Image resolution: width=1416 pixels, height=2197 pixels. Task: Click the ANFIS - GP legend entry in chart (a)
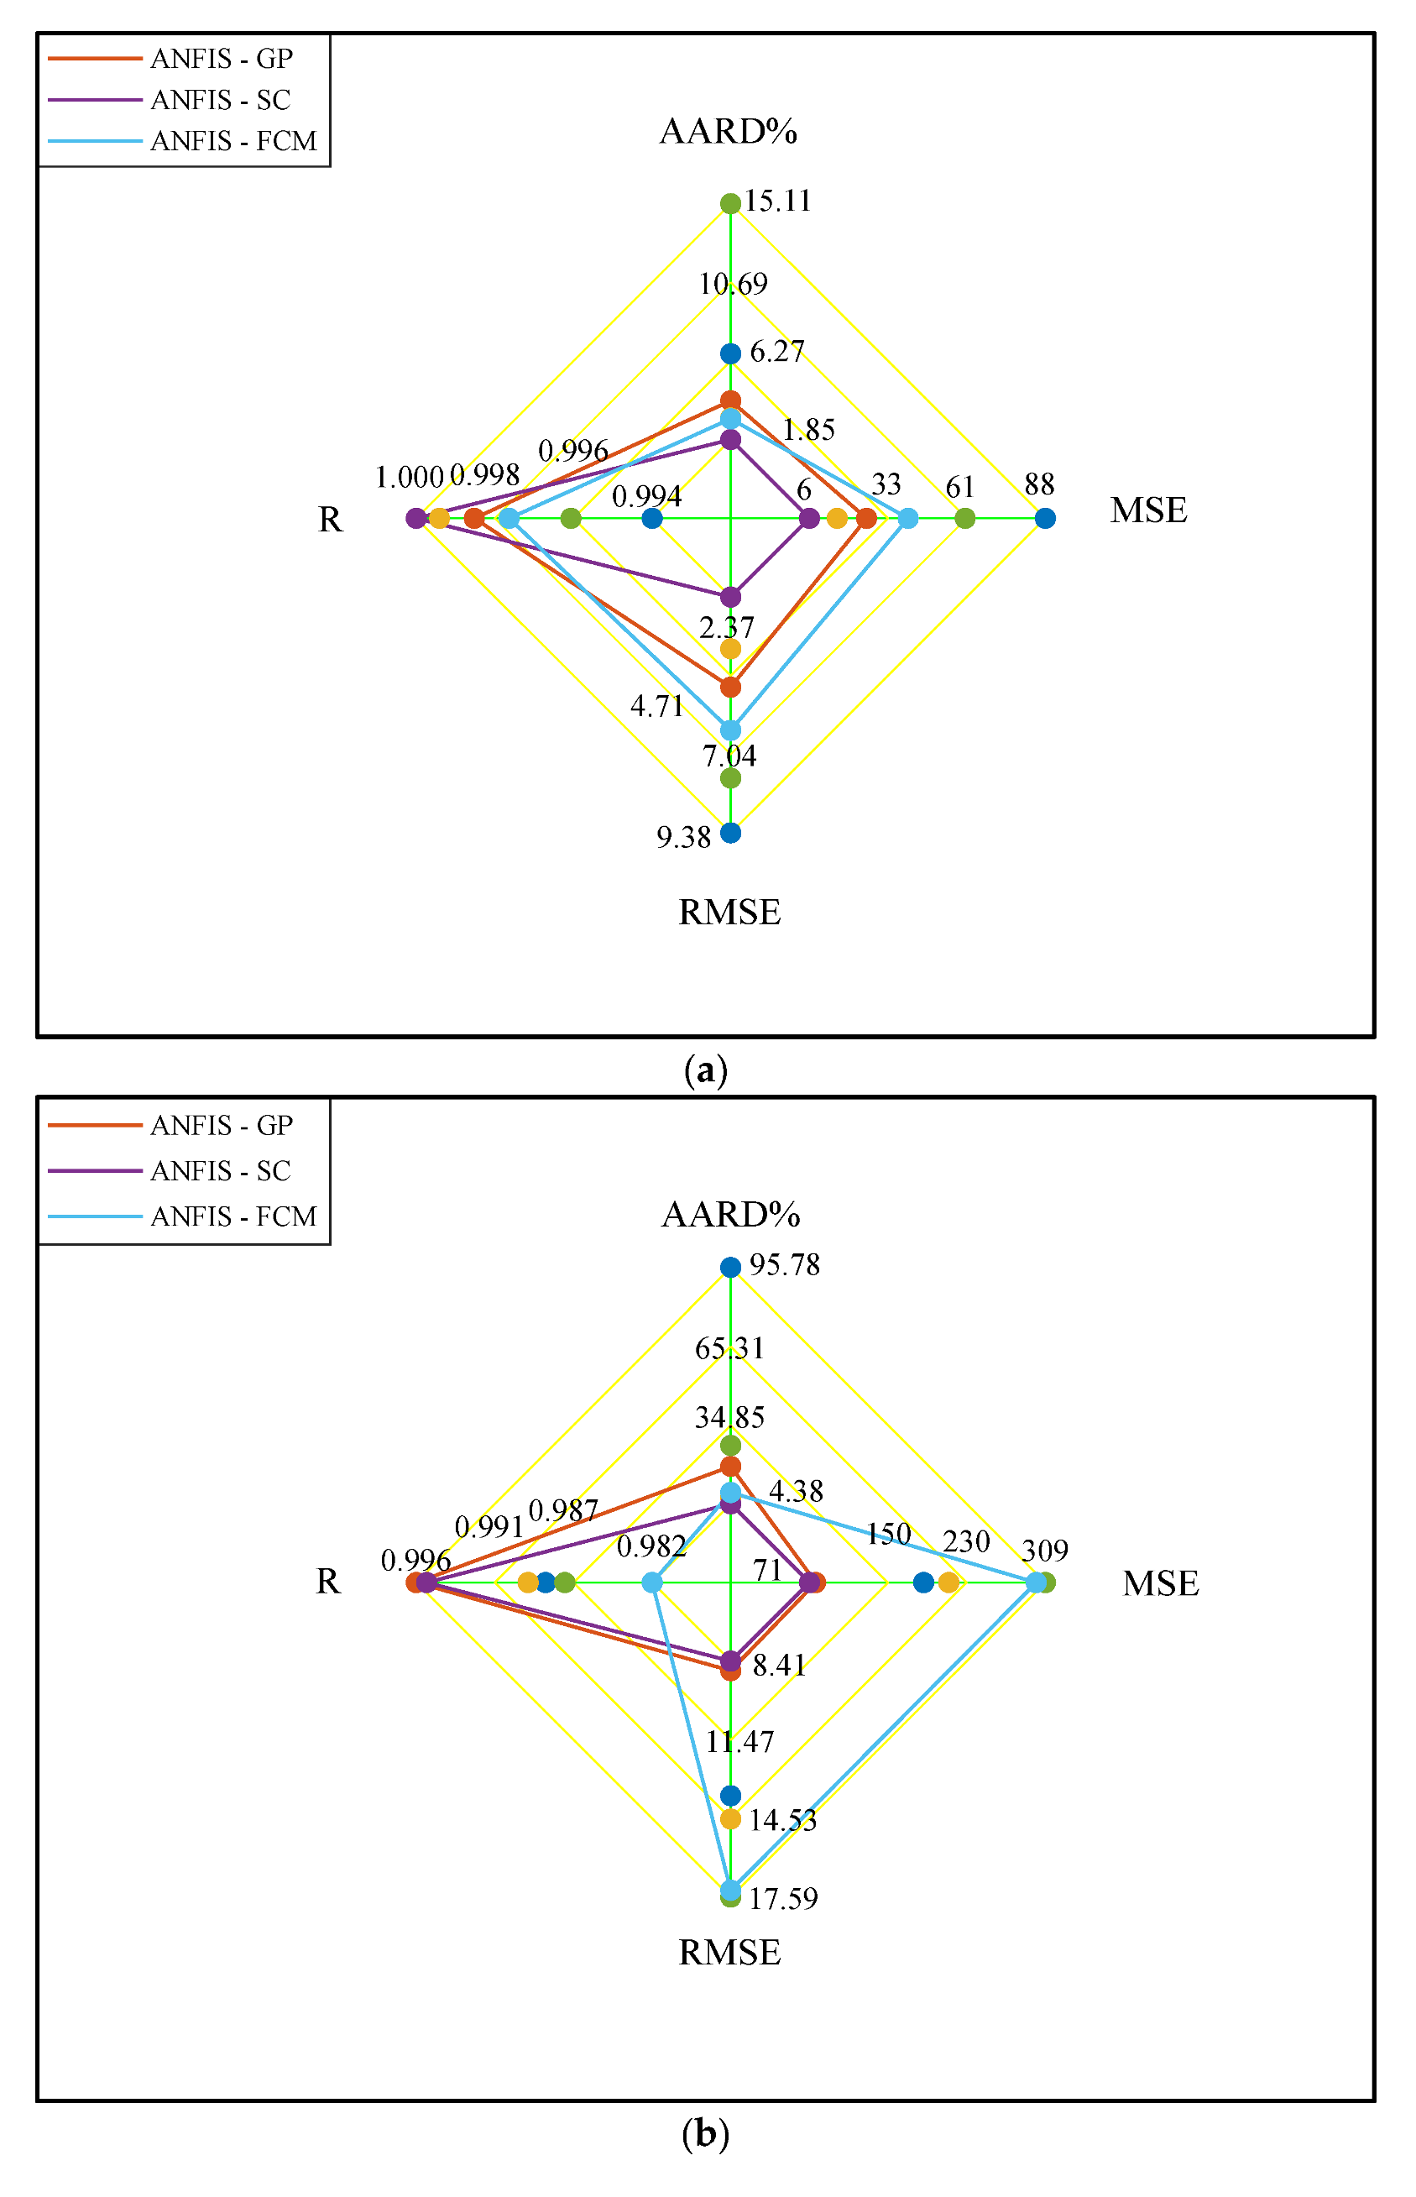click(x=221, y=59)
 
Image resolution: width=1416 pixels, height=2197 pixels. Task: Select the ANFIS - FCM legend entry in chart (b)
click(x=233, y=1216)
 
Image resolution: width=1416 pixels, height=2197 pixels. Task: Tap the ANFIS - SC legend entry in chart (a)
click(x=220, y=99)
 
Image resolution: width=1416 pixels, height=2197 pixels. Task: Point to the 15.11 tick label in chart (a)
click(x=778, y=201)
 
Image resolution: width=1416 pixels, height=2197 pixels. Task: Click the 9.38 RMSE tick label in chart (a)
click(x=683, y=837)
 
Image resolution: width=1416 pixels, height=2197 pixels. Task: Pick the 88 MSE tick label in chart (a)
click(x=1039, y=484)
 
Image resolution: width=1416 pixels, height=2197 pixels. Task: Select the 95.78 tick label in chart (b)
click(x=784, y=1265)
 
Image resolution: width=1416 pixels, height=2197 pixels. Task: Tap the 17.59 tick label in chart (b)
click(x=782, y=1899)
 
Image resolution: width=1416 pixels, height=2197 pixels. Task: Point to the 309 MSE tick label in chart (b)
click(x=1044, y=1551)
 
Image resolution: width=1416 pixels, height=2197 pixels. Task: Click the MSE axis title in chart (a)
click(x=1148, y=510)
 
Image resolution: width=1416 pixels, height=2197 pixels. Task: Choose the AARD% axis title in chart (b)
click(x=731, y=1215)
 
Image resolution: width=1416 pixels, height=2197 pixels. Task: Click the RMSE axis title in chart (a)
click(x=730, y=913)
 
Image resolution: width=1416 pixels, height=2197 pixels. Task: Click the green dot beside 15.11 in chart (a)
click(x=730, y=203)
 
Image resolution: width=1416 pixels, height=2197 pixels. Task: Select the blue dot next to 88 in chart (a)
click(x=1044, y=519)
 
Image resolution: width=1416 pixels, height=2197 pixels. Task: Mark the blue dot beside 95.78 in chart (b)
click(x=730, y=1268)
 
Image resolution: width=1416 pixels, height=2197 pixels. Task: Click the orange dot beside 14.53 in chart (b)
click(x=730, y=1819)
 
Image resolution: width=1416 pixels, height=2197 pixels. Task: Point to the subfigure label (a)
click(x=706, y=1070)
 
